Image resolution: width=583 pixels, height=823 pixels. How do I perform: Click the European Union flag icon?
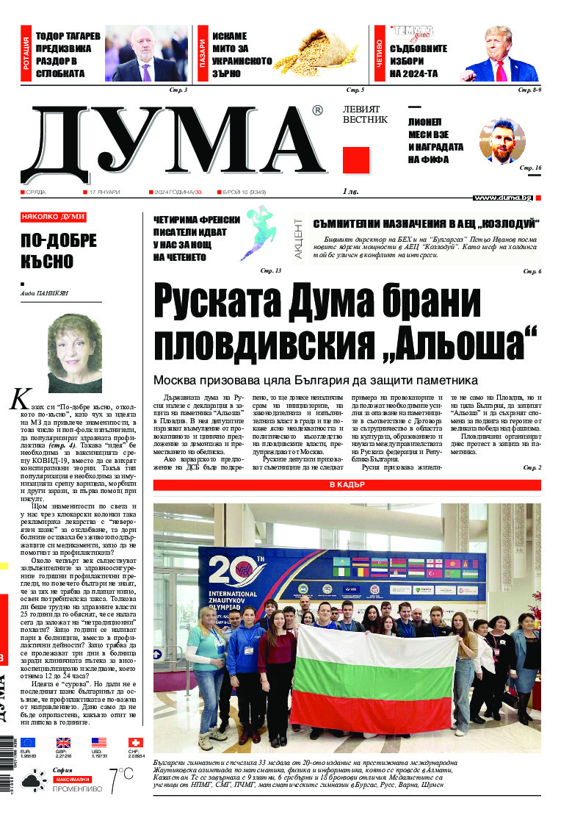click(x=28, y=743)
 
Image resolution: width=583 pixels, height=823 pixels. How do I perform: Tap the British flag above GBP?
click(x=64, y=743)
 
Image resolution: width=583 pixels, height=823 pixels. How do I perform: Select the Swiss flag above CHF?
click(x=136, y=743)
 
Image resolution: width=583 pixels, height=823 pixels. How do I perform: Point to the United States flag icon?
click(x=100, y=743)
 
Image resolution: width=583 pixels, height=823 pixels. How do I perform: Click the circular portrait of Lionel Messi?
click(x=502, y=141)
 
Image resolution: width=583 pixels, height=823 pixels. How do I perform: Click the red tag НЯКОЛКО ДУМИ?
click(x=53, y=218)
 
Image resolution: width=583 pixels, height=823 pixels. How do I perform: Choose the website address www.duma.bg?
click(x=502, y=198)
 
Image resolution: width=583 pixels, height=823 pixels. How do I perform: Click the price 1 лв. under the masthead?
click(x=352, y=192)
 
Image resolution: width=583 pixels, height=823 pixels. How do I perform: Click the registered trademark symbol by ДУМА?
click(x=316, y=111)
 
